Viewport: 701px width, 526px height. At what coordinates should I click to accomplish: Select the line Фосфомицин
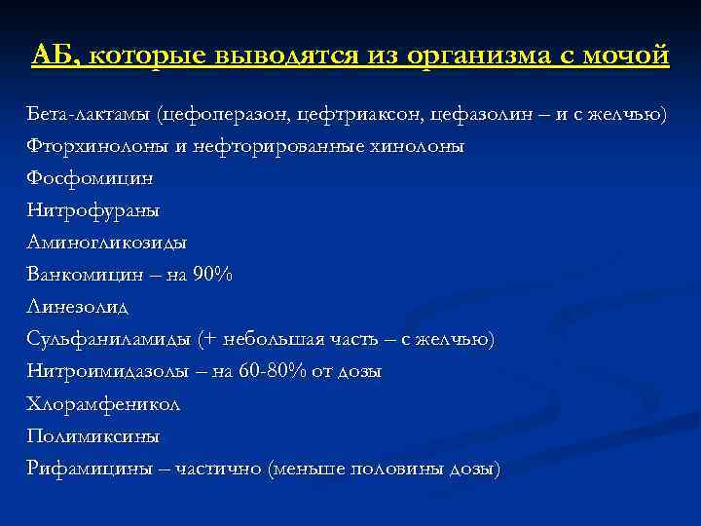point(90,179)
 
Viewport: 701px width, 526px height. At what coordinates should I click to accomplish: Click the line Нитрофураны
point(93,210)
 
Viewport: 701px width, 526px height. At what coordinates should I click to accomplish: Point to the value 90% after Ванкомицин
point(212,275)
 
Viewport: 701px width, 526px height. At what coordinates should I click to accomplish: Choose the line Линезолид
point(78,307)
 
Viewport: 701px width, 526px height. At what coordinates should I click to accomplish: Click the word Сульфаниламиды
point(108,339)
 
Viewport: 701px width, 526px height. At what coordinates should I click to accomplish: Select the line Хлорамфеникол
point(103,403)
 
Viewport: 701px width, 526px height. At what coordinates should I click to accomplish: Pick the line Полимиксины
point(93,435)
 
